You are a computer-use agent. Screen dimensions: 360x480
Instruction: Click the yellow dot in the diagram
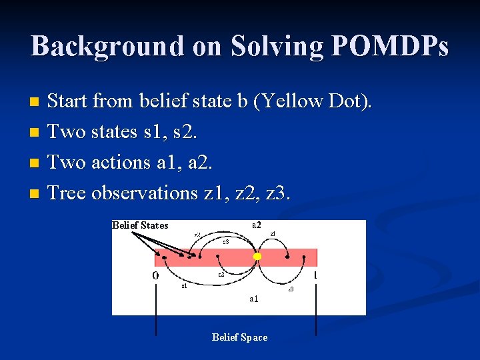coord(257,257)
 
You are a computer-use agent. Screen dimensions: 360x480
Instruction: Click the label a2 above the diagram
coord(257,225)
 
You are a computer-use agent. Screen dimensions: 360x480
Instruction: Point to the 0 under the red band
coord(155,275)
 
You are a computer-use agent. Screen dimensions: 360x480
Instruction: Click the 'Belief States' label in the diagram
coord(140,225)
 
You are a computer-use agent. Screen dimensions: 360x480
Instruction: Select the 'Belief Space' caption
coord(239,337)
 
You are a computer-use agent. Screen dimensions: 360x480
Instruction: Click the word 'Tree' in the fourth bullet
coord(67,193)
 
